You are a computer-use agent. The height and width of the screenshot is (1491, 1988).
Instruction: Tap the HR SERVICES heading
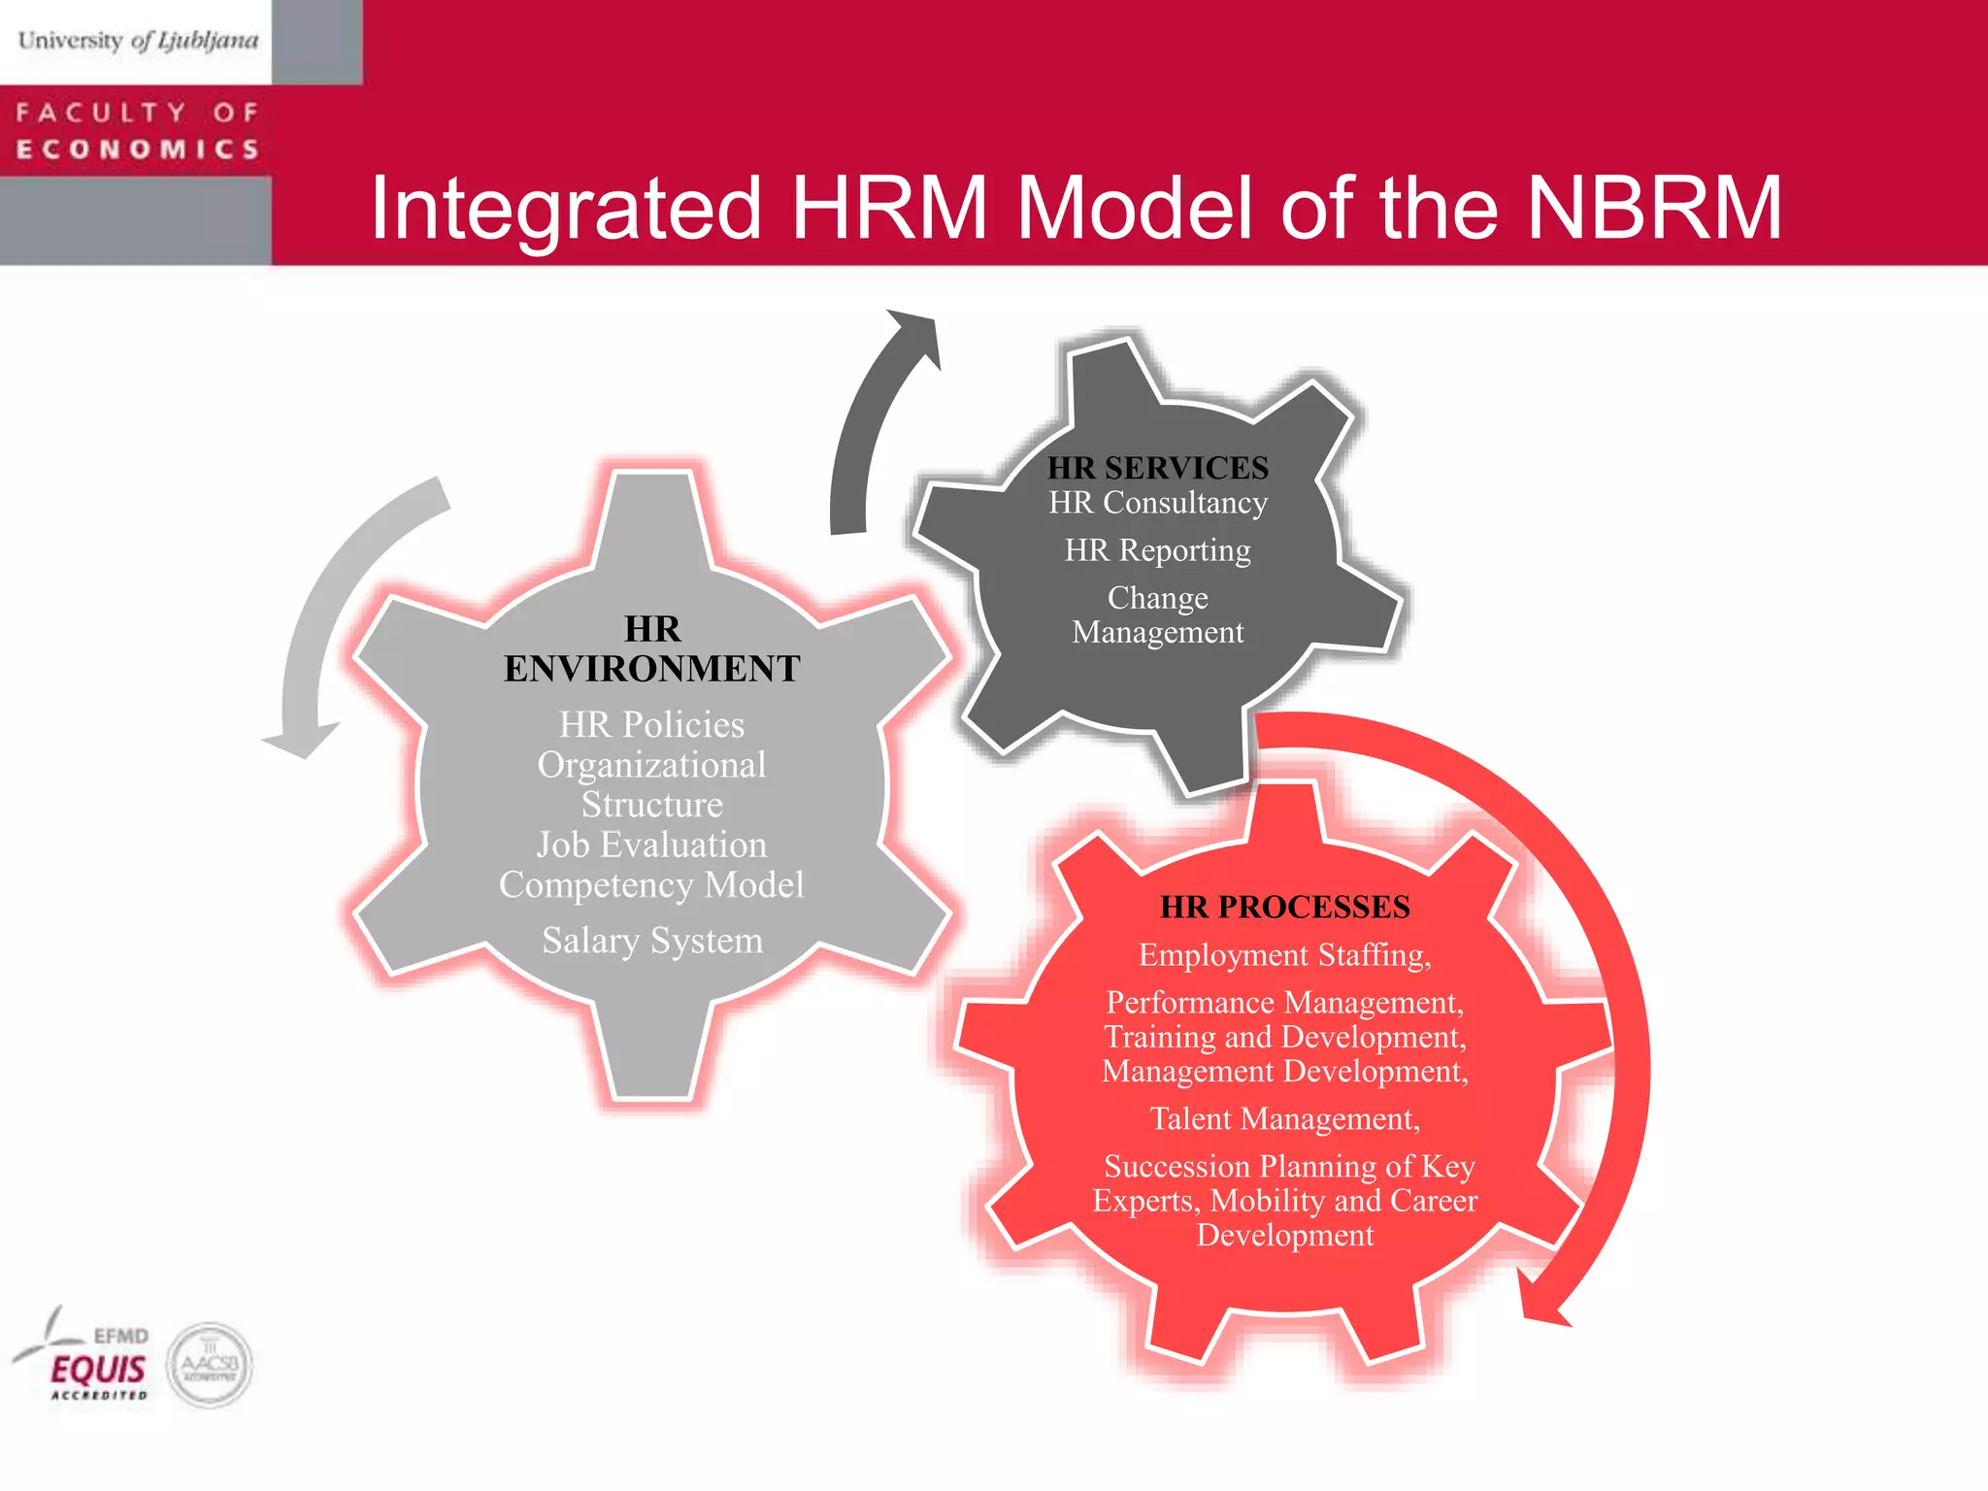coord(1157,468)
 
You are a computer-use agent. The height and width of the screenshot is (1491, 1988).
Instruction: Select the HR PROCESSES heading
coord(1284,907)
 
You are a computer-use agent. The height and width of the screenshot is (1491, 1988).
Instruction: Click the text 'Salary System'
coord(652,941)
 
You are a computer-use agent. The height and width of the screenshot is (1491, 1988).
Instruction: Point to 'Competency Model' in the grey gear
coord(651,884)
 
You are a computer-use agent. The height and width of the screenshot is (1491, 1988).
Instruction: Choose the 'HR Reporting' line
coord(1157,550)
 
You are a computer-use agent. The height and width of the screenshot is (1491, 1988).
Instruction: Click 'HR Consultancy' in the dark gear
coord(1157,503)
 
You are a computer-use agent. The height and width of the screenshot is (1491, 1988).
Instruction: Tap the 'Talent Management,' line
coord(1284,1119)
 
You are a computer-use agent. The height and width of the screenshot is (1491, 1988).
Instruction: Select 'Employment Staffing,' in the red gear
coord(1284,955)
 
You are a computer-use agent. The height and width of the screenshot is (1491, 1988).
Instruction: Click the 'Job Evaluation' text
coord(651,845)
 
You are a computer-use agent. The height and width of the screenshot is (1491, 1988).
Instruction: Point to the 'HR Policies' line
coord(651,724)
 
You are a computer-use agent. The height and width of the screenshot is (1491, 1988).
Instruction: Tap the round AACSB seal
coord(210,1365)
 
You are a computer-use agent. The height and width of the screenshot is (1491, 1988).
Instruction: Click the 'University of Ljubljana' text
coord(138,41)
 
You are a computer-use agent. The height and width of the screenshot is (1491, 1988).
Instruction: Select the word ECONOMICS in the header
coord(138,149)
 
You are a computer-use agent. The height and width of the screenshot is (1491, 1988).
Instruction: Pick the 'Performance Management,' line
coord(1284,1002)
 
